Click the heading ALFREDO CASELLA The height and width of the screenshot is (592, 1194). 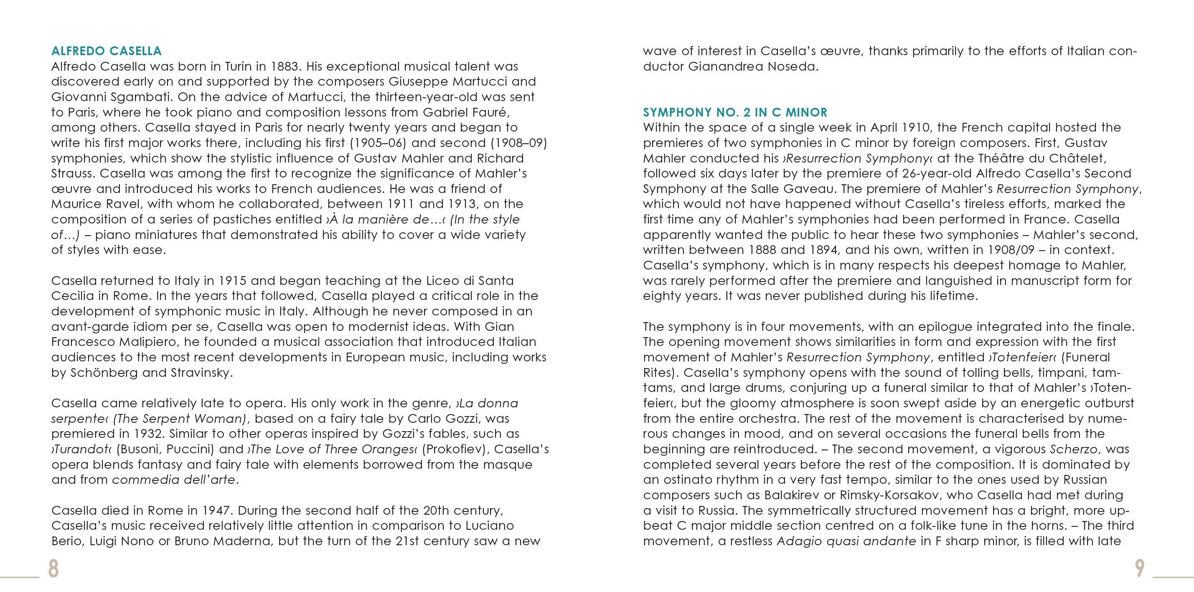coord(106,51)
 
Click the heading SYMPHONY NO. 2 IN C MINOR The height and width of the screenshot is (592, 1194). coord(735,112)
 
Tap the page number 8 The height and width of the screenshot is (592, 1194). coord(53,568)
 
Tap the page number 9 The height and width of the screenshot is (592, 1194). coord(1140,568)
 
